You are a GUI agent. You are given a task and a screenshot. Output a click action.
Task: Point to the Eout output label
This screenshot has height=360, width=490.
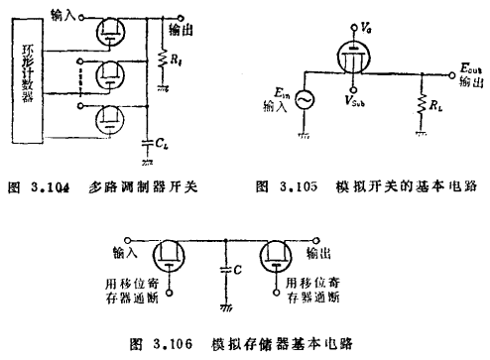(x=469, y=69)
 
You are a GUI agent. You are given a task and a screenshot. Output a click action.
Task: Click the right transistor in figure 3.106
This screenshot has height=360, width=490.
(x=278, y=255)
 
